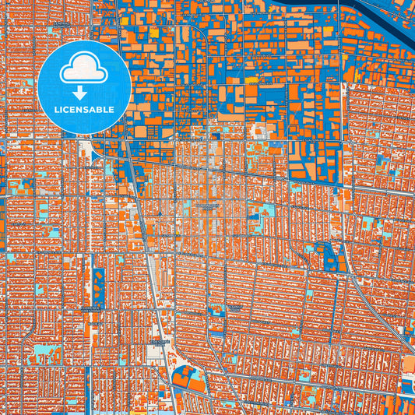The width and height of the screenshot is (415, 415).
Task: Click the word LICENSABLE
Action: click(84, 110)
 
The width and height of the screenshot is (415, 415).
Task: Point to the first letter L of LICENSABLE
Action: click(56, 110)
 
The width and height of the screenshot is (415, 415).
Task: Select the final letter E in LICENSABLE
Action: click(112, 110)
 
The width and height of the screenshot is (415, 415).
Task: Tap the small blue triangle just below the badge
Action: click(94, 156)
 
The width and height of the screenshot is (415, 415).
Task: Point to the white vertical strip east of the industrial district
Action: click(342, 47)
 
